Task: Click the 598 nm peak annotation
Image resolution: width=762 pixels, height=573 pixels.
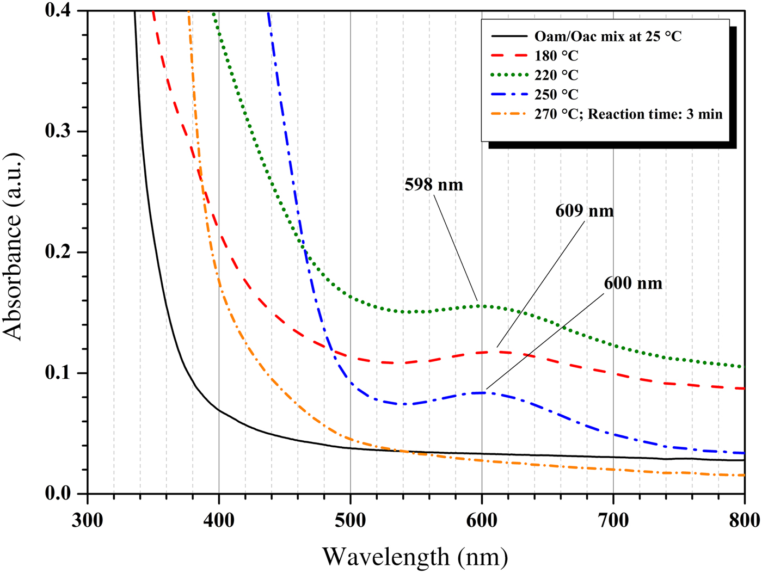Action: (x=433, y=185)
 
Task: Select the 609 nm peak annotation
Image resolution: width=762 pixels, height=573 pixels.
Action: (x=584, y=211)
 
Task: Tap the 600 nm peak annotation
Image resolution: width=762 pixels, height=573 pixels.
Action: (x=632, y=284)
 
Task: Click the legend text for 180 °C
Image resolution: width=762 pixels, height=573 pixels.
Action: (x=556, y=56)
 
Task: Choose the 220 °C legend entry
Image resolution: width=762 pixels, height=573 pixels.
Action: (x=556, y=75)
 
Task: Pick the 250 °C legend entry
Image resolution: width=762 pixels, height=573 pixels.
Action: (x=556, y=95)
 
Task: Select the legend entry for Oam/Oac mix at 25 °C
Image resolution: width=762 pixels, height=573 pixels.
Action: (x=607, y=36)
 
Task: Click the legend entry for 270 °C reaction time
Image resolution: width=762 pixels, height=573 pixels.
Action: (x=628, y=114)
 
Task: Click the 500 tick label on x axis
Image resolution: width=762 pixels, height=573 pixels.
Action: (x=350, y=521)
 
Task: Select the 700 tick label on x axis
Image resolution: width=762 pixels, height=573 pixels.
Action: (x=613, y=521)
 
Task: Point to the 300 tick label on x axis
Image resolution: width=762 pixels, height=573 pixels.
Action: (x=88, y=521)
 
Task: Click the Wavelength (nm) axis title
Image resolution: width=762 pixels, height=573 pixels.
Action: (x=415, y=556)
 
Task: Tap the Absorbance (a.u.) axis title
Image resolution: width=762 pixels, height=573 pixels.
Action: (x=13, y=248)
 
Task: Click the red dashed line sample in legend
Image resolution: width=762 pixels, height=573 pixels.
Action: (x=509, y=56)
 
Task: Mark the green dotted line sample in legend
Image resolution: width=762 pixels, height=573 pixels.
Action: (x=509, y=75)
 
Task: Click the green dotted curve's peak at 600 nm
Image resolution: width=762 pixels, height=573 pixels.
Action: (x=482, y=306)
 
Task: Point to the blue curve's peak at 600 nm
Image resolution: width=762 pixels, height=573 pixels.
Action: (x=482, y=392)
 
